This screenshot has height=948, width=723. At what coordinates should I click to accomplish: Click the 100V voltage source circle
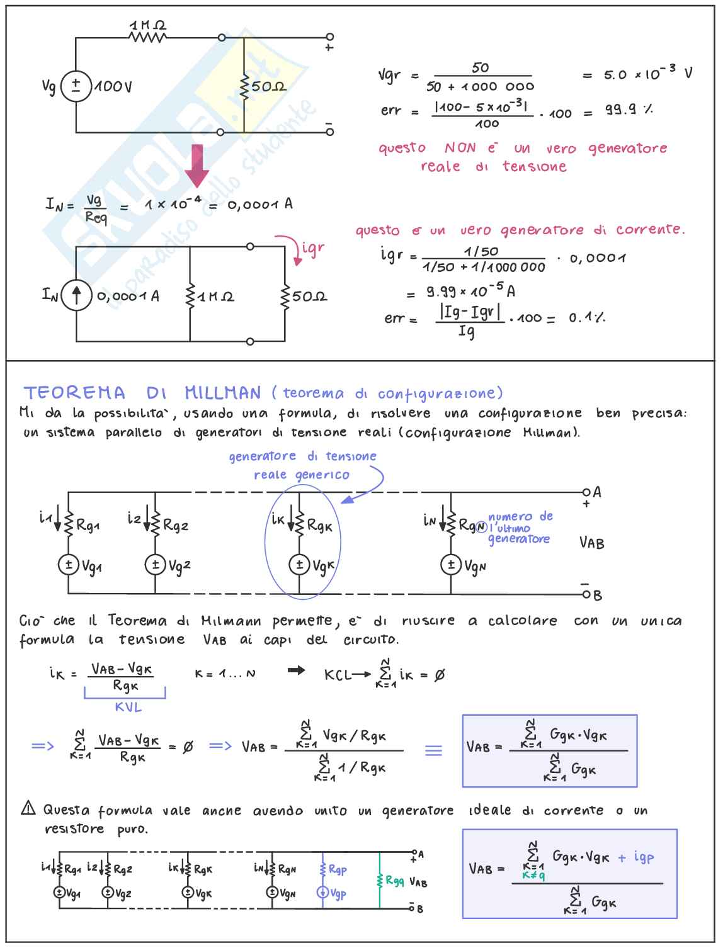[76, 86]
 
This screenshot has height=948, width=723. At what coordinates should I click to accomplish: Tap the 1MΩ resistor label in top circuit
[148, 26]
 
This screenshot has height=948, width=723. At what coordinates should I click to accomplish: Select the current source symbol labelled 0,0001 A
[77, 295]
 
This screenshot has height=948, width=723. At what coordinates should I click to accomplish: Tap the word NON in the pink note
[460, 149]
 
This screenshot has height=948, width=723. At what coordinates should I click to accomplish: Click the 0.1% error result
[586, 318]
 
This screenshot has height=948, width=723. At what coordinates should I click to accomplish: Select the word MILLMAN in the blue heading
[222, 393]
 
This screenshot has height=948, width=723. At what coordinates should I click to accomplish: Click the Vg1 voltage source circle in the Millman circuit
[68, 565]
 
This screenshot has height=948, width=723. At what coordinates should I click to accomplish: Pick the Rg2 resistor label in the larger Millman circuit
[175, 525]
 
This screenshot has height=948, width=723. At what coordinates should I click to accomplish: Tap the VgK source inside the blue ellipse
[299, 565]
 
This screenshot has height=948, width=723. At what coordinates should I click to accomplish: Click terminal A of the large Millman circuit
[587, 492]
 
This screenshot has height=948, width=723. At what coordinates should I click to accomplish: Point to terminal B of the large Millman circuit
[587, 594]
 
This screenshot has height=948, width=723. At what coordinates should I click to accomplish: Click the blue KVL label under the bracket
[128, 708]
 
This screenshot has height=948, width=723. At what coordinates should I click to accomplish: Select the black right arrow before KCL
[296, 671]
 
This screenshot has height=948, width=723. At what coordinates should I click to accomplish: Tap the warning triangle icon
[28, 808]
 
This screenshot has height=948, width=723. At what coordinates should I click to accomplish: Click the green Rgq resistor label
[395, 881]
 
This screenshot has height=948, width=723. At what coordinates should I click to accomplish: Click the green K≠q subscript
[533, 875]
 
